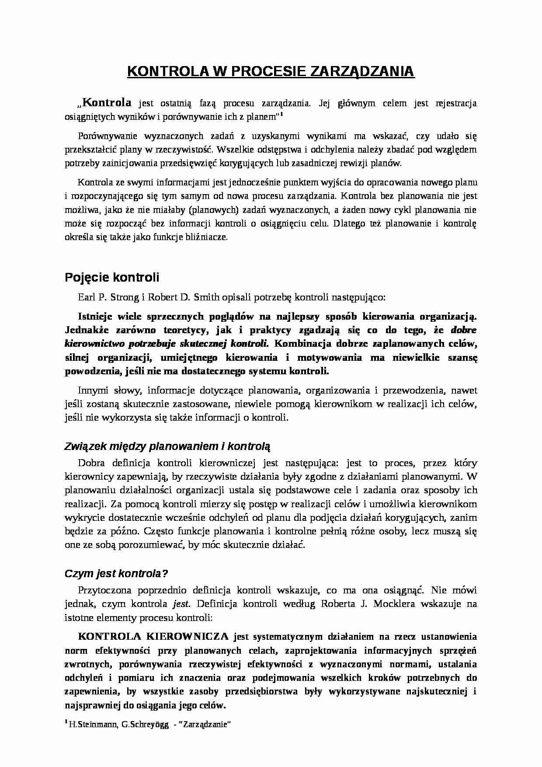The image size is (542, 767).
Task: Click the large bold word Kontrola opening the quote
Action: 107,103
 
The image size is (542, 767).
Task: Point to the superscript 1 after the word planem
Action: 282,115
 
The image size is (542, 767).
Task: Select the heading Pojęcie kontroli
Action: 112,277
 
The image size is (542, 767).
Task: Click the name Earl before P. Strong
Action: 87,297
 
